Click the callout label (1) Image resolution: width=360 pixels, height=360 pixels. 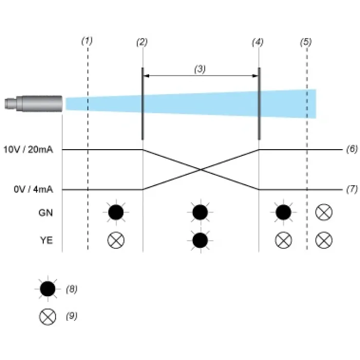(87, 41)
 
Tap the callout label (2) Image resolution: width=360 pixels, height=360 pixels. (142, 42)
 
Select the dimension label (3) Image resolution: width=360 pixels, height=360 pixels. (200, 69)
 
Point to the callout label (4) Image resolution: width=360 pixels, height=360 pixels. (258, 42)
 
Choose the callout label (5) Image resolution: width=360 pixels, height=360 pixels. (306, 42)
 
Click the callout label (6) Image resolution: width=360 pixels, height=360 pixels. (352, 149)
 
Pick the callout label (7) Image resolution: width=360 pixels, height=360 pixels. (352, 189)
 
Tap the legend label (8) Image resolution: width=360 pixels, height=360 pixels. (71, 289)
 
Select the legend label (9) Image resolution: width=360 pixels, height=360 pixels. (71, 316)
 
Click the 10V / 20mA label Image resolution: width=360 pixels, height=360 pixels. (28, 150)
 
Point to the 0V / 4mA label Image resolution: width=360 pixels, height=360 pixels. (33, 190)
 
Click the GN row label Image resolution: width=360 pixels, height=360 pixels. (46, 213)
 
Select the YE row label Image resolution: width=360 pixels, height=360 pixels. (46, 240)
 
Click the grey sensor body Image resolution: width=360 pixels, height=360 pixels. (33, 104)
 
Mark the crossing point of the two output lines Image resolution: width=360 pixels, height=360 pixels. (201, 170)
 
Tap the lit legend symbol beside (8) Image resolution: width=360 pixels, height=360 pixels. (47, 289)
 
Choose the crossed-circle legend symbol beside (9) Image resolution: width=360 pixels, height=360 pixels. (47, 317)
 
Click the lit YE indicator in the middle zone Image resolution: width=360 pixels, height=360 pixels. (200, 240)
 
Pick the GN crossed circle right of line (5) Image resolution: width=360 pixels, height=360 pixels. (323, 212)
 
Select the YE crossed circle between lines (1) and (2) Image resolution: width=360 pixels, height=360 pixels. (116, 240)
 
